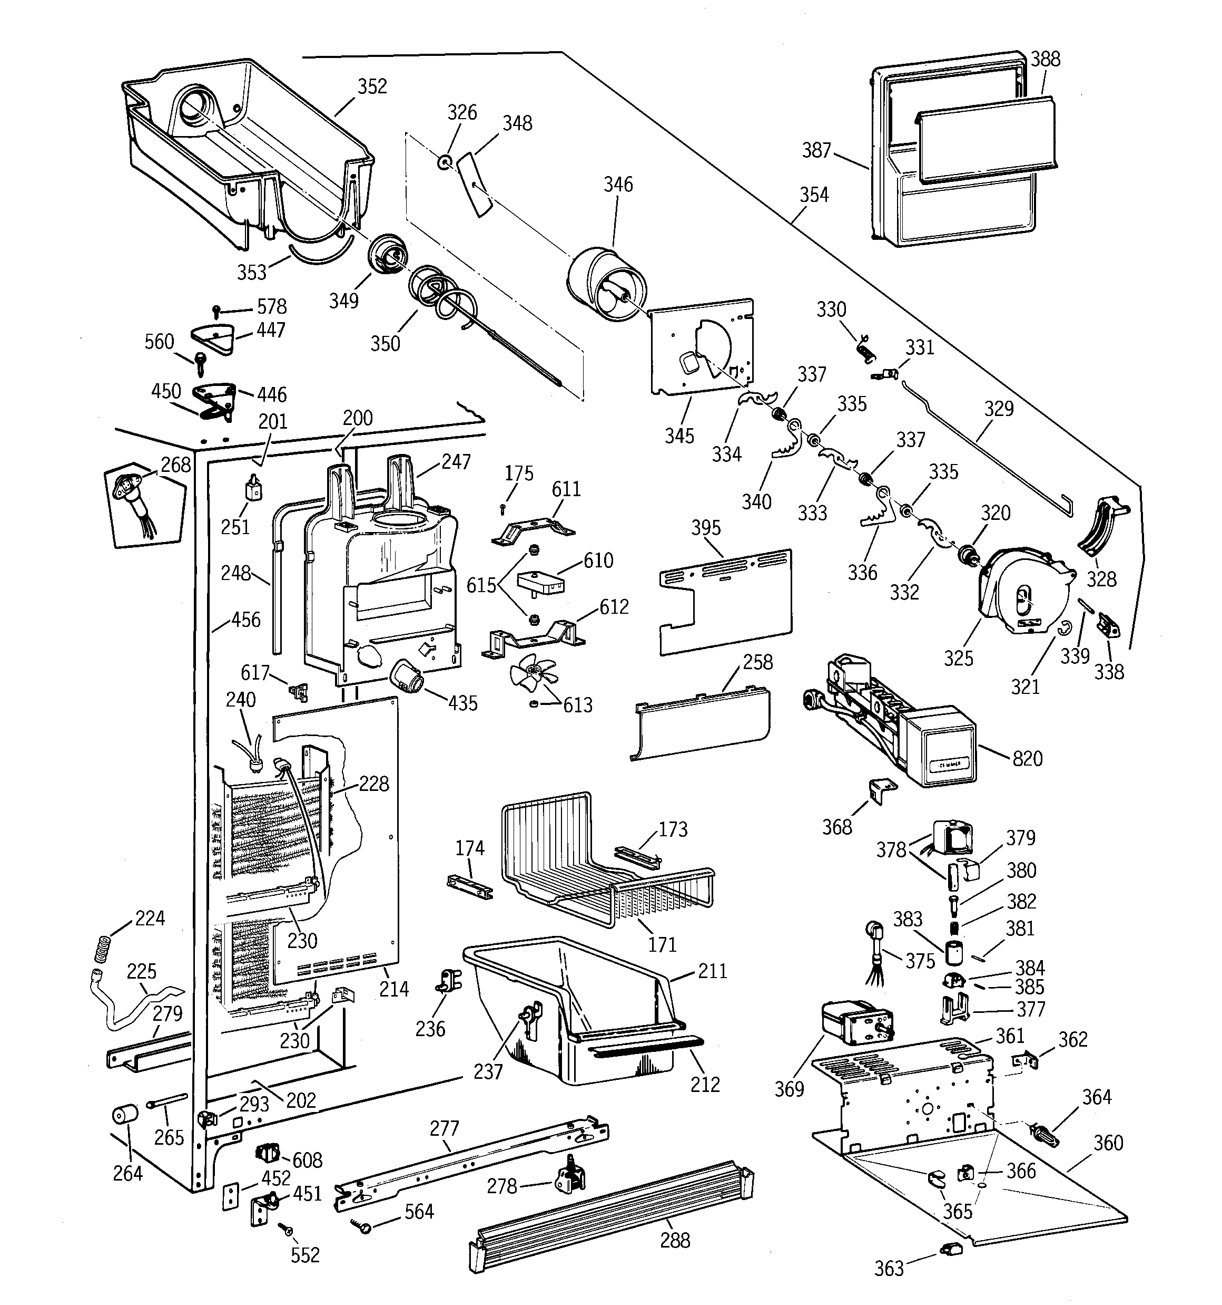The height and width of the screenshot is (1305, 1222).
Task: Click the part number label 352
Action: click(372, 86)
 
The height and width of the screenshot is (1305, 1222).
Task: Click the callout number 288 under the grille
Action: click(675, 1241)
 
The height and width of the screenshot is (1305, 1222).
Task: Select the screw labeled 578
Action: click(217, 310)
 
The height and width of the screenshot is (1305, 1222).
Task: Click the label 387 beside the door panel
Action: click(816, 151)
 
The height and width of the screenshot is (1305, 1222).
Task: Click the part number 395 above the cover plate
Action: click(706, 528)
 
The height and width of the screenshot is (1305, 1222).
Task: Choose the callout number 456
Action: click(246, 620)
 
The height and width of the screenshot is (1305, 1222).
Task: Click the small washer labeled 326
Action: click(445, 161)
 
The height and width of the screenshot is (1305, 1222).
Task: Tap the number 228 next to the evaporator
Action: click(374, 784)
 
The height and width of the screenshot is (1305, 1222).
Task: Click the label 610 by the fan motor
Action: click(598, 560)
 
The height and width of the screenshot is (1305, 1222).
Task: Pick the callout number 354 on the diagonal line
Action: click(813, 195)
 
